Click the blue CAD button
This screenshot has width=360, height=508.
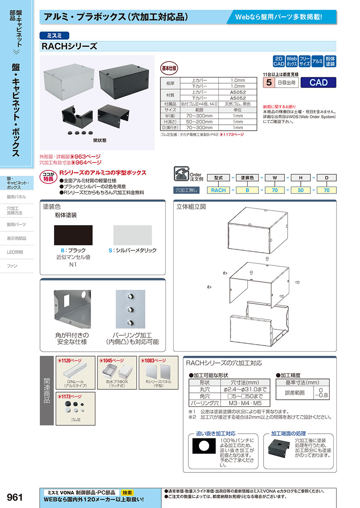point(318,83)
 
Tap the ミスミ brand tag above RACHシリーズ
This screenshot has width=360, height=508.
point(55,35)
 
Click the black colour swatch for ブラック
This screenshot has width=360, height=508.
point(73,235)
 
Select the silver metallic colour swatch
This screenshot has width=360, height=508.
point(132,235)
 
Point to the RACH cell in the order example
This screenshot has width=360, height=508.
point(219,190)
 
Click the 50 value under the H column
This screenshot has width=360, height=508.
point(301,190)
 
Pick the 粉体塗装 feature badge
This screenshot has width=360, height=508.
point(330,61)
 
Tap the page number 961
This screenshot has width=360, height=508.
point(15,497)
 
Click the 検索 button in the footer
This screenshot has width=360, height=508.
point(127,493)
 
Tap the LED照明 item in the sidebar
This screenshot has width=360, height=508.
point(15,252)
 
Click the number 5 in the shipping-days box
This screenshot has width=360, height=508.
point(269,83)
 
